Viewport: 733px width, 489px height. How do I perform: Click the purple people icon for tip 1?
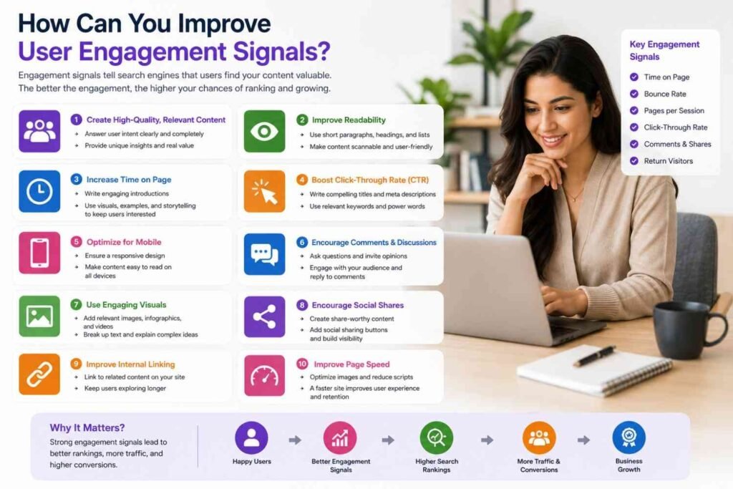tap(39, 131)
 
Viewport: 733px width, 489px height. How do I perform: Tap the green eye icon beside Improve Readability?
tap(264, 131)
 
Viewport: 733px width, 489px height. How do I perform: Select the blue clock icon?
tap(39, 191)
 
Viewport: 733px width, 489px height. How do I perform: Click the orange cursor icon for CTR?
tap(264, 191)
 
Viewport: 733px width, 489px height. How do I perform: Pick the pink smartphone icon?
tap(39, 253)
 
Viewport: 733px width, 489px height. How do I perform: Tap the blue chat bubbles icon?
tap(264, 254)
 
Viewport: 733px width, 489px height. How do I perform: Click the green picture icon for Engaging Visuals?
tap(39, 316)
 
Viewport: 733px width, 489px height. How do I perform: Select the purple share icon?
tap(264, 316)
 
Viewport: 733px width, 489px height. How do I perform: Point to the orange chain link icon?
tap(39, 374)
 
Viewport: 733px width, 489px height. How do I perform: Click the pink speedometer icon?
tap(264, 375)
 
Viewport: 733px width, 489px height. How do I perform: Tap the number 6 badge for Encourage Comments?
tap(302, 242)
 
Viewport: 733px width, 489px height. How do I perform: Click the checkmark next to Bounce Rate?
tap(634, 94)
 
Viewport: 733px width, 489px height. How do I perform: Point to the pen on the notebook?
tap(594, 356)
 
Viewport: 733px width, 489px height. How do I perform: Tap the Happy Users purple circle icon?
tap(251, 438)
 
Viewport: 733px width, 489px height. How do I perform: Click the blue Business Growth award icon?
tap(628, 437)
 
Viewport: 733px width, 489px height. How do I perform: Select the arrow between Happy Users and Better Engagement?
tap(295, 440)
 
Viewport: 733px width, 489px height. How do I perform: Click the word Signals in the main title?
tap(281, 52)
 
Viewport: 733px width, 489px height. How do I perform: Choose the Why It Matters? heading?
tap(87, 427)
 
